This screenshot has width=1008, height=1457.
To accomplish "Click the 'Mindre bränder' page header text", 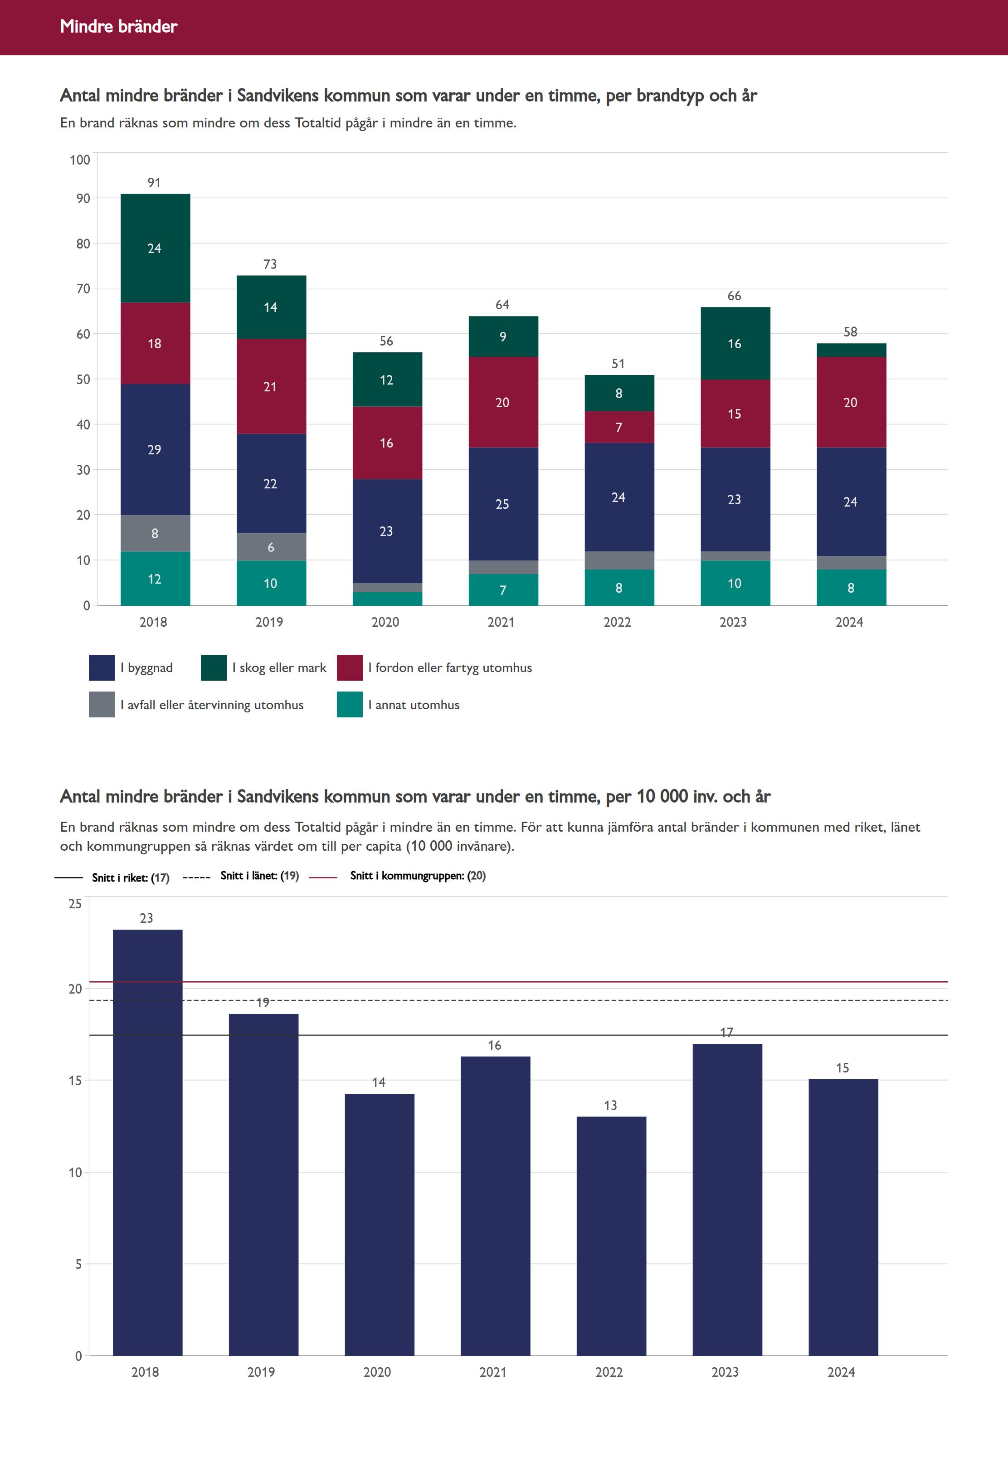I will coord(119,26).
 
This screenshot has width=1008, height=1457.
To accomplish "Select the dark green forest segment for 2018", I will coord(155,248).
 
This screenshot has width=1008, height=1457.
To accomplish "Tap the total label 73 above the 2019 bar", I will coord(270,264).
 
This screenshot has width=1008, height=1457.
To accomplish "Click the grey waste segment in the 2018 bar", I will coord(155,534).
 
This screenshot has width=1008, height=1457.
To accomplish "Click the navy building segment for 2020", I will coord(386,531).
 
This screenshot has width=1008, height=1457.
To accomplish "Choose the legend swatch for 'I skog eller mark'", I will coord(214,668).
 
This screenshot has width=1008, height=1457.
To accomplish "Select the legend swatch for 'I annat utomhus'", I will coord(349,705).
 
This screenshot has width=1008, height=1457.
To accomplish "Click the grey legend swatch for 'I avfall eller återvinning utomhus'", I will coord(102,705).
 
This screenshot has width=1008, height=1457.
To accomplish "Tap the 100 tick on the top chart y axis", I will coord(80,160).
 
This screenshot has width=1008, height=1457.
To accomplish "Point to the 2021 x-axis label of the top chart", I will coord(502,622).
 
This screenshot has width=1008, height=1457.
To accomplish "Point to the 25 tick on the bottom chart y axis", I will coord(75,904).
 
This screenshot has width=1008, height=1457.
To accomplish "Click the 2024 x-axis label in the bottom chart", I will coord(841,1372).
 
